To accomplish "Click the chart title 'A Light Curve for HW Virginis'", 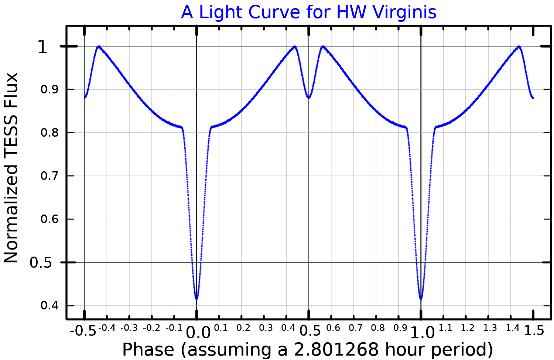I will tap(308, 12).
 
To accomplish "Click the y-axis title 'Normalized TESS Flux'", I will tap(11, 168).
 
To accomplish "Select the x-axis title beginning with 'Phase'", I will tap(307, 350).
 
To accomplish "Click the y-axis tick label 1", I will tap(42, 47).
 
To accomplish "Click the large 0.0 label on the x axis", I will tap(198, 333).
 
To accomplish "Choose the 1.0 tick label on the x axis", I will tap(423, 333).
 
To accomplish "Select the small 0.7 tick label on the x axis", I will tap(355, 328).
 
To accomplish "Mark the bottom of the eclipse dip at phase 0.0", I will tap(196, 298).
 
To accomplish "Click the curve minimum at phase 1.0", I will tap(421, 298).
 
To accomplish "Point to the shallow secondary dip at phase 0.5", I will tap(308, 98).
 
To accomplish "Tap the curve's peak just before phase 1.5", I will tap(519, 47).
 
